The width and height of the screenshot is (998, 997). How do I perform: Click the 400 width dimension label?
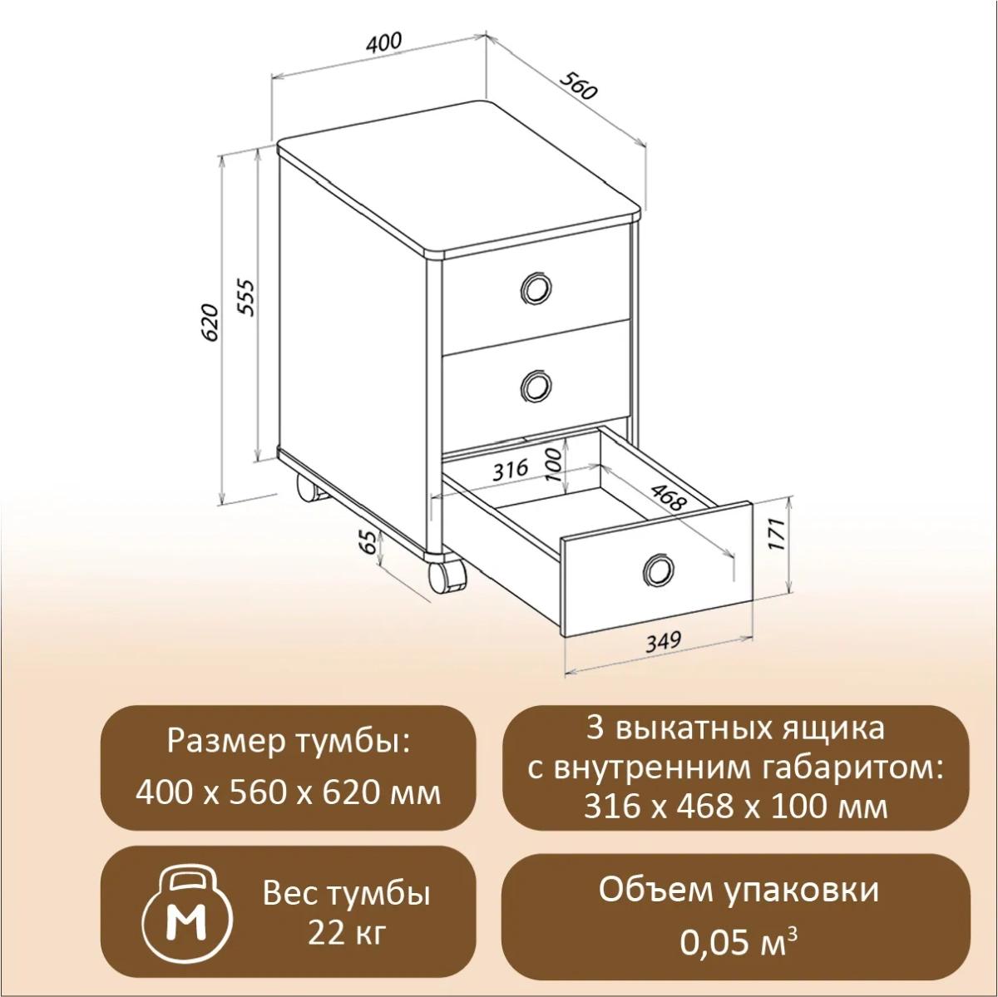(x=383, y=42)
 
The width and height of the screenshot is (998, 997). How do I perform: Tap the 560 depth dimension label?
(x=579, y=86)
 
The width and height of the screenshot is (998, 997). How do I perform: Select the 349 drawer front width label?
(x=662, y=641)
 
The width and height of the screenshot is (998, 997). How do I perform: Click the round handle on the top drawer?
(x=535, y=289)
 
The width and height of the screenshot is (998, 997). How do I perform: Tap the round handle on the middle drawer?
(x=535, y=386)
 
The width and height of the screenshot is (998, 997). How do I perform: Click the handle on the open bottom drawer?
(x=658, y=570)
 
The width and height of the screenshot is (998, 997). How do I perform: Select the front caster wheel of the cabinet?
(x=446, y=576)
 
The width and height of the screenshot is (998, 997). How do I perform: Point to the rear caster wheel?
(x=310, y=490)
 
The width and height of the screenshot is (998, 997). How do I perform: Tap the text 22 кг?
(x=347, y=933)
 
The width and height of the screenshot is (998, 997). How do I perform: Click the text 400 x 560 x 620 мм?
(x=288, y=793)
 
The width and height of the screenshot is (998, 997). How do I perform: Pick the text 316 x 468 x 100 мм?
(x=735, y=806)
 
